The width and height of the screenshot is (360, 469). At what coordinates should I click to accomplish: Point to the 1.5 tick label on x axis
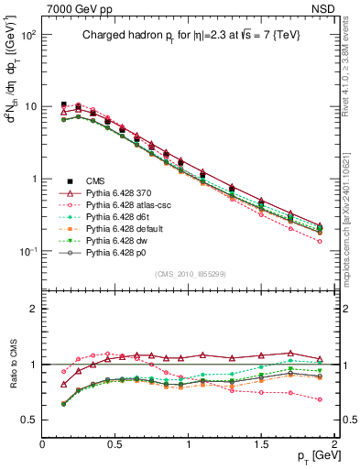(262, 442)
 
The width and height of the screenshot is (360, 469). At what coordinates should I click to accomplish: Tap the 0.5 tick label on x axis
(115, 442)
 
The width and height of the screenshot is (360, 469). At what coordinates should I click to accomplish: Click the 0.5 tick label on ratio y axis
(27, 420)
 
